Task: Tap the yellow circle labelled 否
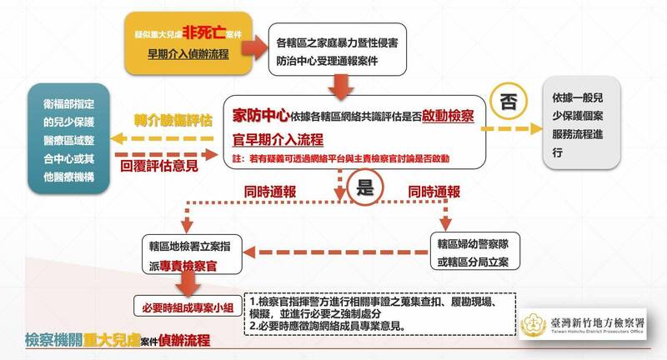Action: pos(508,101)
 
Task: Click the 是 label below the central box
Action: pos(365,187)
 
